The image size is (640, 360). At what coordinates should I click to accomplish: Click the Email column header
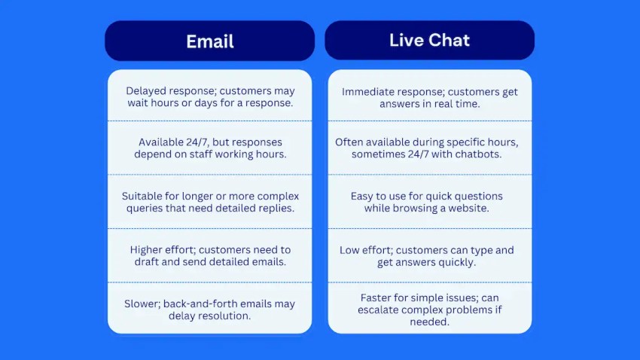[210, 41]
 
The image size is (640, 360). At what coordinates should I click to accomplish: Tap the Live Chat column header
[429, 40]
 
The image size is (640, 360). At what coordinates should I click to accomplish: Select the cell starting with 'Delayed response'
[210, 96]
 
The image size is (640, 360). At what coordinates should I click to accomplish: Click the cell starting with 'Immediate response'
[429, 96]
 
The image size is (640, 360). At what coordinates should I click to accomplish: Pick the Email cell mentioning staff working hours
[210, 148]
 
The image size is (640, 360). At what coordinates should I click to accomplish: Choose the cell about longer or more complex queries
[210, 202]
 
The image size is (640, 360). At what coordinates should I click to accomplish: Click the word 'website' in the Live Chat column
[468, 208]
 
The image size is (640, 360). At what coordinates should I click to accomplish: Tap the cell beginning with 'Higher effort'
[210, 255]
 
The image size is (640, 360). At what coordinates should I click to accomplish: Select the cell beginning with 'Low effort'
[429, 255]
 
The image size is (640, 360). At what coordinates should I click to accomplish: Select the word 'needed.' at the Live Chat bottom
[429, 322]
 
